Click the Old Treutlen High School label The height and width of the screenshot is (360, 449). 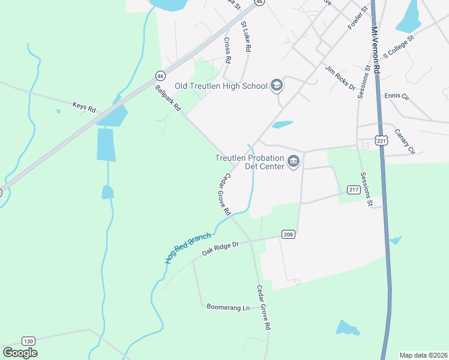pos(221,86)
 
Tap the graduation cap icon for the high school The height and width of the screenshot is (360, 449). pos(277,86)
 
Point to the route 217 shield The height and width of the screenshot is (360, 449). pos(354,190)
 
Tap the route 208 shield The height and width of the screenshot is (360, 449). pos(288,235)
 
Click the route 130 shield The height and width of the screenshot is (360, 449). pos(28,341)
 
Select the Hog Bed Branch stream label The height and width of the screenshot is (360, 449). pos(188,247)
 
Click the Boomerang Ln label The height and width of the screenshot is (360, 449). pos(228,307)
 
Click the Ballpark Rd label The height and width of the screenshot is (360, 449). pos(167,99)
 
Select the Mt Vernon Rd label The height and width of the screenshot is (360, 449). pos(376,50)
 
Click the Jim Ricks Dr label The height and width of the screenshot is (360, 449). pos(340,77)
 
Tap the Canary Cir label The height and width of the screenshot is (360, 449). pos(405,142)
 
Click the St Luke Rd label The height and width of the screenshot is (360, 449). pos(246,37)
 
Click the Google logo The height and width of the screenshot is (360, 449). pos(20,353)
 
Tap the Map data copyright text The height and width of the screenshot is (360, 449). pos(423,355)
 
